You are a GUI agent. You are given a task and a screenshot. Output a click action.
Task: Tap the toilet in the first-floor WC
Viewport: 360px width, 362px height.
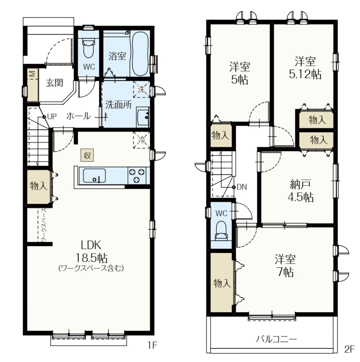click(x=88, y=48)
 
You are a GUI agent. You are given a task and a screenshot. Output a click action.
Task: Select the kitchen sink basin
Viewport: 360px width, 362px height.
click(x=94, y=176)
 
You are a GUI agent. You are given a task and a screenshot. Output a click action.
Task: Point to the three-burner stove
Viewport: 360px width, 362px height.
click(x=137, y=175)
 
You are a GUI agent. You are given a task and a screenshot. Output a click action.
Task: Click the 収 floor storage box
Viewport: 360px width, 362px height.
click(x=87, y=155)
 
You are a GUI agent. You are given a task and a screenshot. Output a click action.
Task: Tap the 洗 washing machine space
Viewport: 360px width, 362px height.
click(x=141, y=89)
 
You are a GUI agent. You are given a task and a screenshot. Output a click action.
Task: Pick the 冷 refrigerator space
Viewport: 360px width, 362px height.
click(x=142, y=140)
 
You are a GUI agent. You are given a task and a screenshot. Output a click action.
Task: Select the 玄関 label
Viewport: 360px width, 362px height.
click(x=54, y=83)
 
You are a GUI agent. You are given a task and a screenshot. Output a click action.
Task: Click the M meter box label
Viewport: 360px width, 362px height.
click(x=32, y=74)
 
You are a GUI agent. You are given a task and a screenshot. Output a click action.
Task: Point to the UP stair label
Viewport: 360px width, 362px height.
click(x=52, y=117)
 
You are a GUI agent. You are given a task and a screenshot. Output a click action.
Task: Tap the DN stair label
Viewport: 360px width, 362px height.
click(x=242, y=187)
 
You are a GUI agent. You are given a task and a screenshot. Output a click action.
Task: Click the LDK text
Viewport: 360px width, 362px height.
click(x=92, y=245)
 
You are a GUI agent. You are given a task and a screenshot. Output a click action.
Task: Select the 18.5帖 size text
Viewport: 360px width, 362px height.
click(x=92, y=258)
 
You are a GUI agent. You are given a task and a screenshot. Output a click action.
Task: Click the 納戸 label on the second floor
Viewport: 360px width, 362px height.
click(x=300, y=184)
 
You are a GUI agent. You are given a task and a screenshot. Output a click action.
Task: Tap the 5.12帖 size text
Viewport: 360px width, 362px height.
click(x=305, y=74)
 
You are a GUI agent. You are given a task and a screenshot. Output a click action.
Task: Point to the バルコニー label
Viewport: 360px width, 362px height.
click(x=276, y=339)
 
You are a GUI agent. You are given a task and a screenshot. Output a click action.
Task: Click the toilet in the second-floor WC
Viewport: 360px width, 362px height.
click(x=221, y=231)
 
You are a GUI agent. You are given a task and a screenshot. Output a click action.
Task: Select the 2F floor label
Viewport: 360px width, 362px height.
click(x=349, y=349)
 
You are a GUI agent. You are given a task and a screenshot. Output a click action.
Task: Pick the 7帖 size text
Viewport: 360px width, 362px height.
click(x=285, y=272)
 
